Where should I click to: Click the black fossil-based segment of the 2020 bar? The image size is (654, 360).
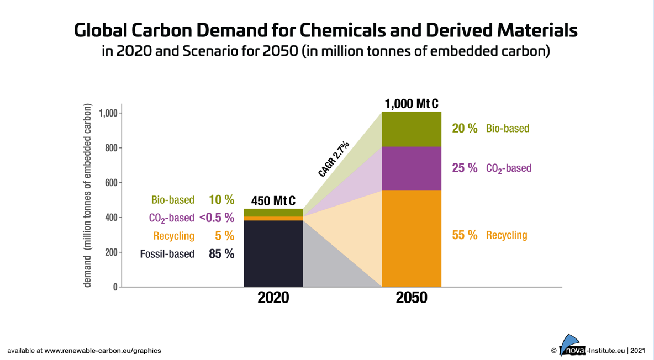coord(273,253)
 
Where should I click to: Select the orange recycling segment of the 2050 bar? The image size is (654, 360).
coord(412,239)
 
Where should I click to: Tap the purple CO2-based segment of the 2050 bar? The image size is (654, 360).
coord(412,168)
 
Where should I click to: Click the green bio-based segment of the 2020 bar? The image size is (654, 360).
coord(273,213)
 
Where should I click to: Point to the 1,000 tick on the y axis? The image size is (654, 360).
coord(108,113)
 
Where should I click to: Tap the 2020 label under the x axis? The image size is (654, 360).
coord(273,298)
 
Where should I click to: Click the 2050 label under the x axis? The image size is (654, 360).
coord(412,298)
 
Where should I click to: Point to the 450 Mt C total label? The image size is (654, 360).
coord(273,200)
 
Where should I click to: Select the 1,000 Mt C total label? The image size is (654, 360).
coord(412,104)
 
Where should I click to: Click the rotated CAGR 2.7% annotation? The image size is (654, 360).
coord(334,159)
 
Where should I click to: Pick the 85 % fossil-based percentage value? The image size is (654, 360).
coord(221,254)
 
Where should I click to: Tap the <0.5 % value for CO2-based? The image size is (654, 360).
coord(217,218)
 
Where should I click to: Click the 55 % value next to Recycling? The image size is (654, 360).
coord(465,235)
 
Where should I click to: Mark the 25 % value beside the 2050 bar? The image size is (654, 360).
coord(465,168)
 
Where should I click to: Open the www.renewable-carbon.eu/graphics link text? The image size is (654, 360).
coord(103,350)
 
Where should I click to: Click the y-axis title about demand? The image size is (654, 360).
coord(88,195)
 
